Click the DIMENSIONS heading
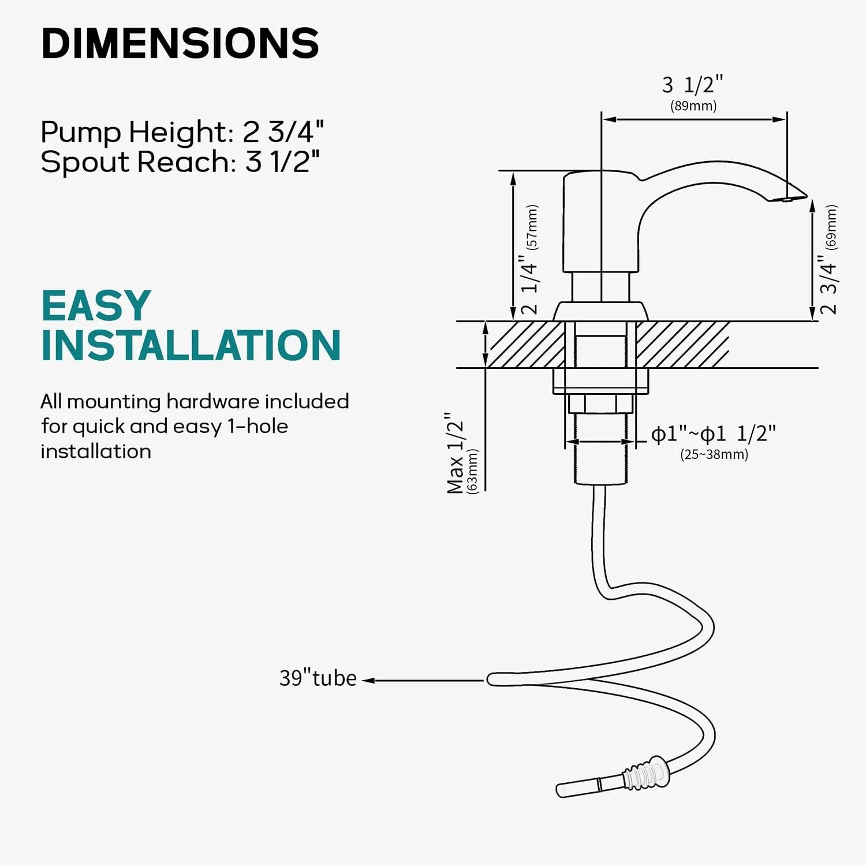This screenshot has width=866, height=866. click(180, 43)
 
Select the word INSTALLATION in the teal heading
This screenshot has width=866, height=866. click(191, 346)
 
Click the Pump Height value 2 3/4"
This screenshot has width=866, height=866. click(283, 132)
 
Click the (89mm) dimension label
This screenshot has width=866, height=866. click(693, 106)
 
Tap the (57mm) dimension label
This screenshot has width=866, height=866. click(532, 227)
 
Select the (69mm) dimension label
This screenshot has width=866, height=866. click(831, 227)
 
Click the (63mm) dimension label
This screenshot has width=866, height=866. click(473, 471)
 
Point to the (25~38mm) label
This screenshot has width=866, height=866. click(714, 454)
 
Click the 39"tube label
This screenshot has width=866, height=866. click(318, 678)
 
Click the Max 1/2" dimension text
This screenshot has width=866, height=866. click(456, 453)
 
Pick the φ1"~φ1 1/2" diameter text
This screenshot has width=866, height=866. click(713, 434)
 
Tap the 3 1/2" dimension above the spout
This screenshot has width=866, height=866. click(692, 85)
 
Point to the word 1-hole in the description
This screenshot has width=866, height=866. click(257, 426)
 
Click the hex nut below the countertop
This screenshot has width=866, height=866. click(600, 404)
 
